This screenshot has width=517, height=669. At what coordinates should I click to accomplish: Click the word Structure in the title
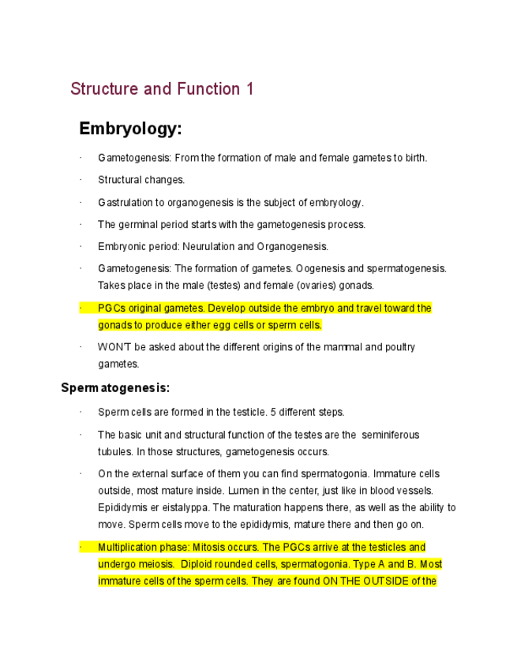coord(104,89)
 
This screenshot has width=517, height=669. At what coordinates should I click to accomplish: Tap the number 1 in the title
coord(249,89)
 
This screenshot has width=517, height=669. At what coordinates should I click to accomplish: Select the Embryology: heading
coord(130,129)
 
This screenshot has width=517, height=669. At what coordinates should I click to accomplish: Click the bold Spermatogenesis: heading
coord(115,388)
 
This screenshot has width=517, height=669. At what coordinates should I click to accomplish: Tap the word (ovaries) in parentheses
coord(296,286)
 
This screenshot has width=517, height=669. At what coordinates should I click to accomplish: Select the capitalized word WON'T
coord(112,347)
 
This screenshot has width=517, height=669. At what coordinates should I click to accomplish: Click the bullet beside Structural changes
coord(81,181)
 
